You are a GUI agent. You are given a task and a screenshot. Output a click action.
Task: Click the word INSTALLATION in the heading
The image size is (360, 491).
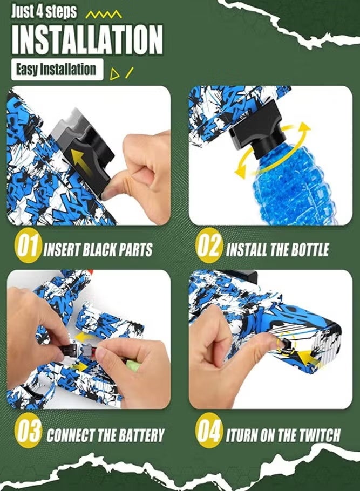(x=86, y=39)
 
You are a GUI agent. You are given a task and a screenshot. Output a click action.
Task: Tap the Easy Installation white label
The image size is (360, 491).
(x=56, y=70)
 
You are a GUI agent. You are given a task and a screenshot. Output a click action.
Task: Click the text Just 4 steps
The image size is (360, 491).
(x=44, y=11)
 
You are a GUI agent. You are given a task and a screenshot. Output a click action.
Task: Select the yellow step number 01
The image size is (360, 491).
(x=26, y=248)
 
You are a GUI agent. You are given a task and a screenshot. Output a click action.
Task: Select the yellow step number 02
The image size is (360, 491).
(x=208, y=248)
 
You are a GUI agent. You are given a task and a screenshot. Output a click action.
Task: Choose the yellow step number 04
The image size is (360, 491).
(x=208, y=433)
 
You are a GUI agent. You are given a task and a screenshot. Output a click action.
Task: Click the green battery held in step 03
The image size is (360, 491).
(x=133, y=366)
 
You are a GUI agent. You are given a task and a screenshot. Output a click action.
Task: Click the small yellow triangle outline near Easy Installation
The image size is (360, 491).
(x=114, y=74)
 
